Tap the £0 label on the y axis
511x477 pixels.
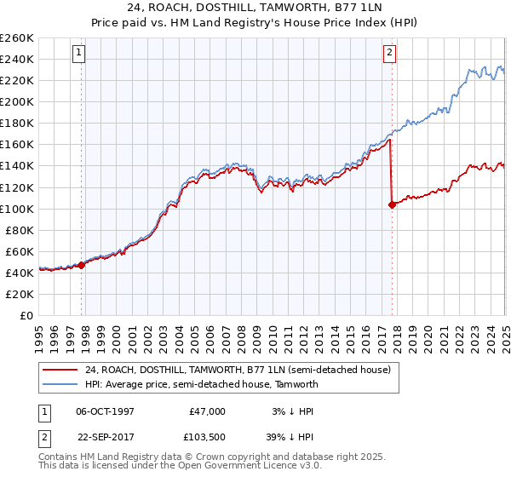pyautogui.click(x=27, y=315)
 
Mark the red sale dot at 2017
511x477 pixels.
pyautogui.click(x=392, y=204)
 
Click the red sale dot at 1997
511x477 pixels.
pyautogui.click(x=82, y=265)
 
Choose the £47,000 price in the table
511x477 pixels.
pyautogui.click(x=207, y=411)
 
